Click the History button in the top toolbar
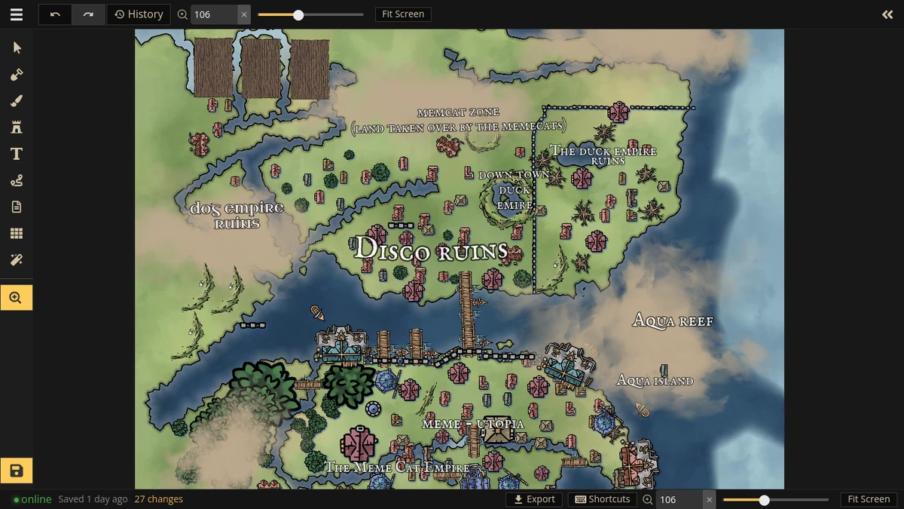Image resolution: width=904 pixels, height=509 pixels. (x=139, y=14)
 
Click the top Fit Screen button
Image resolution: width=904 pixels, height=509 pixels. (x=402, y=14)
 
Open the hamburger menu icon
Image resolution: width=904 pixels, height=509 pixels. (x=17, y=14)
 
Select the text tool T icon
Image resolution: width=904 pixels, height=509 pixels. (x=17, y=154)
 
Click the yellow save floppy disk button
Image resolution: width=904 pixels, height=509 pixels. (x=17, y=471)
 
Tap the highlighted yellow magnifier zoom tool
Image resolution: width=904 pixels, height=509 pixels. (x=17, y=298)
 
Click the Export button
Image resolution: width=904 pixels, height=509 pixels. (x=534, y=499)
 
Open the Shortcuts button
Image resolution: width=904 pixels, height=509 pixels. (x=603, y=499)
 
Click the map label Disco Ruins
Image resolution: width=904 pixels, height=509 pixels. (x=431, y=250)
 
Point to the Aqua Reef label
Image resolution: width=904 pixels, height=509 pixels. (x=673, y=321)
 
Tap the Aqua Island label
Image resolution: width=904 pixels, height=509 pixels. (x=655, y=381)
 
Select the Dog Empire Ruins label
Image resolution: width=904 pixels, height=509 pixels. (x=237, y=215)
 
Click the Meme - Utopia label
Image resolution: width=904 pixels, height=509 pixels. (x=472, y=425)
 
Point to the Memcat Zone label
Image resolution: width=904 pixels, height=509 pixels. (x=458, y=113)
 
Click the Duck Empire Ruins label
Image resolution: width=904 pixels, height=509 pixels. (x=604, y=155)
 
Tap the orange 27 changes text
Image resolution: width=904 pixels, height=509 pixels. (x=159, y=499)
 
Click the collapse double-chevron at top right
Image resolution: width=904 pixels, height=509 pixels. (x=887, y=14)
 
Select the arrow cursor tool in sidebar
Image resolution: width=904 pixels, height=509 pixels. (x=17, y=48)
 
